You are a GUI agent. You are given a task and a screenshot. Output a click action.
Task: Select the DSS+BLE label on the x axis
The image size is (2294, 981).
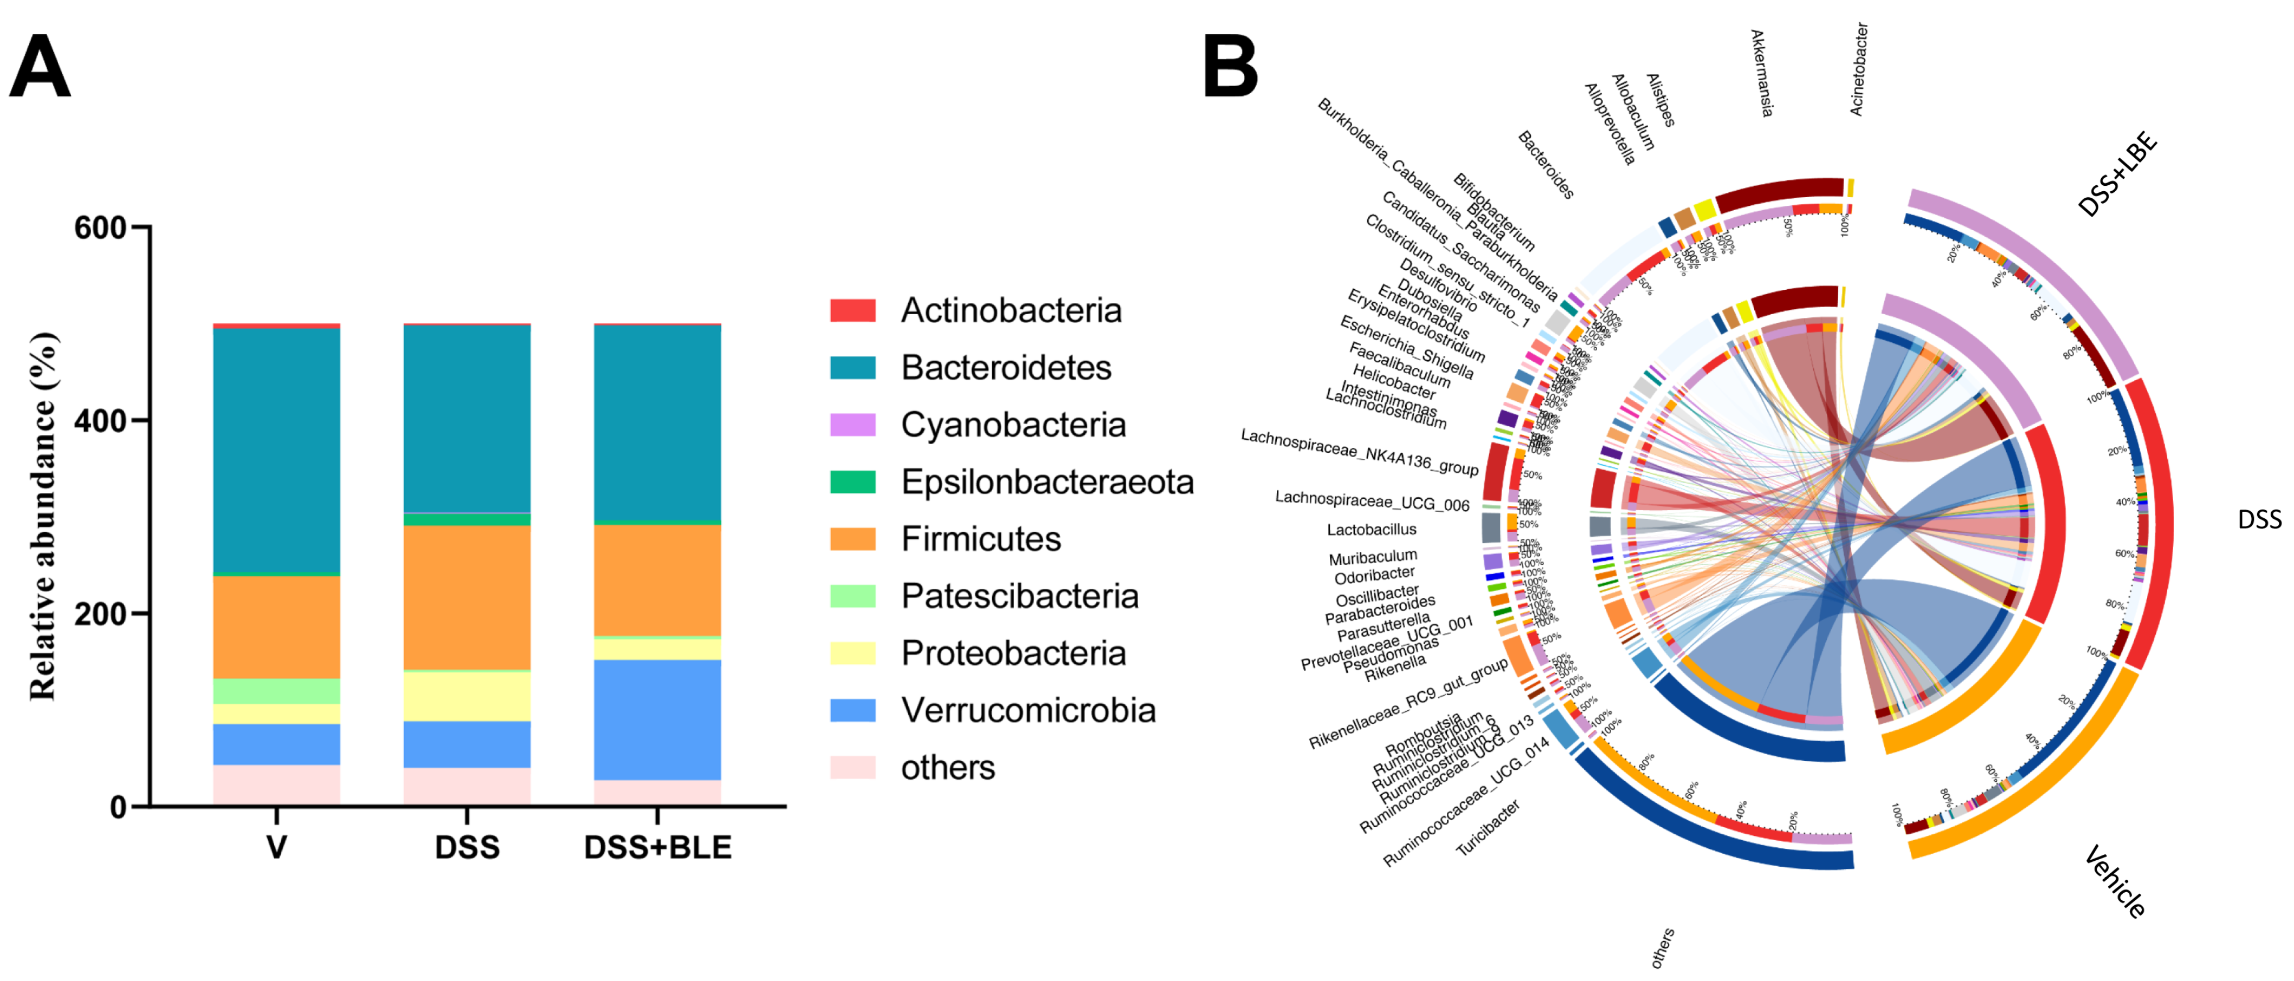click(657, 847)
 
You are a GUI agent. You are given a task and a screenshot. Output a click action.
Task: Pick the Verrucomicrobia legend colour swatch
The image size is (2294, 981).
click(852, 710)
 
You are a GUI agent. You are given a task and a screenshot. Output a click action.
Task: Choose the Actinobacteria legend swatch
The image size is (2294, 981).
click(852, 311)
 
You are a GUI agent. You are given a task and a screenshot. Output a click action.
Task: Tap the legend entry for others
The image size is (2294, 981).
click(947, 768)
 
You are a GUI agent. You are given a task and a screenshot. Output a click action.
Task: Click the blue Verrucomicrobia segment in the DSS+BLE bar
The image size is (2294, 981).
click(657, 719)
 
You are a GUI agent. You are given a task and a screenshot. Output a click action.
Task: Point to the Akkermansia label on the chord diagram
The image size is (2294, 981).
click(1761, 73)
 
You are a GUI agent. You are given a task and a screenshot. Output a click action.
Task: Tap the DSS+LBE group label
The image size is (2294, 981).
click(2118, 173)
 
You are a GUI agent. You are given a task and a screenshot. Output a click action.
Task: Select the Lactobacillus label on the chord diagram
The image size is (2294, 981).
click(1372, 530)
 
